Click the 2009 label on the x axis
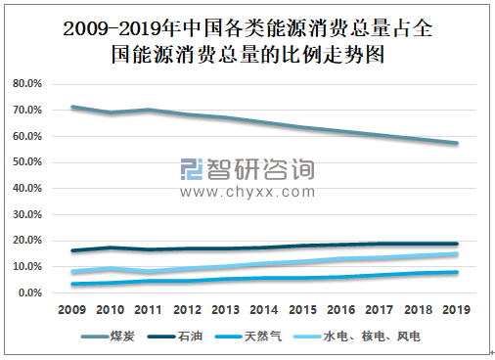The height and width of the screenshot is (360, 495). pyautogui.click(x=71, y=312)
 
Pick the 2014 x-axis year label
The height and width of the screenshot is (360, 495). pyautogui.click(x=264, y=312)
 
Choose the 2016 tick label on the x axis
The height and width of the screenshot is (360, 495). pyautogui.click(x=341, y=312)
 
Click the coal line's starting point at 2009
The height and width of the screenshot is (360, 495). pyautogui.click(x=71, y=107)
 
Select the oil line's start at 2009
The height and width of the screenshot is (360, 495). pyautogui.click(x=71, y=250)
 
